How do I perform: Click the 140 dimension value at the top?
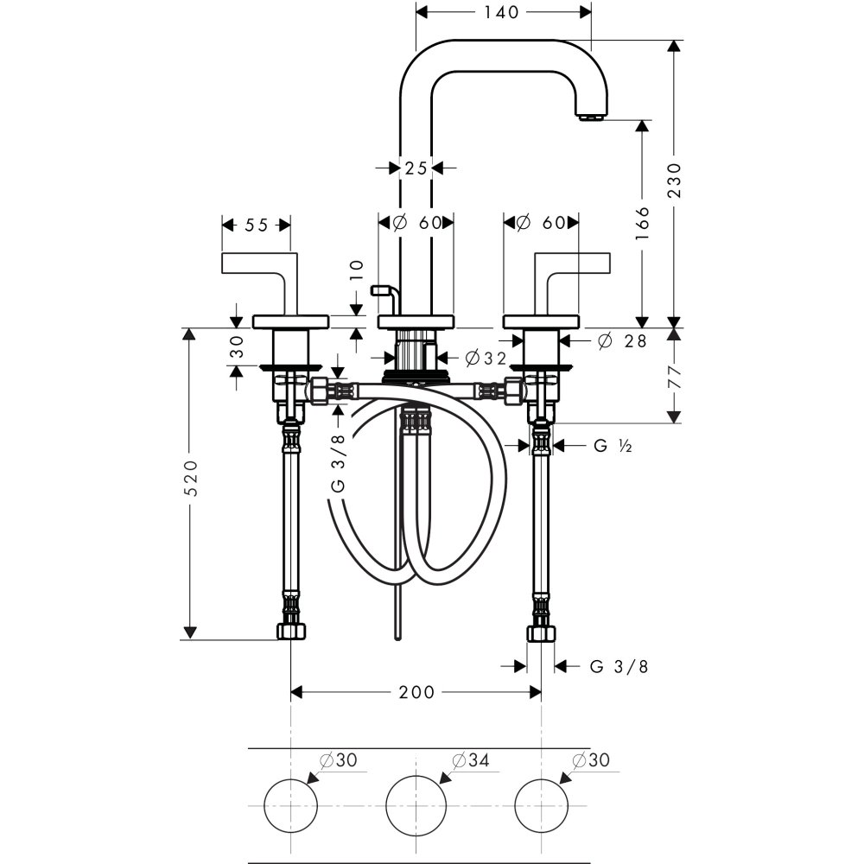click(x=501, y=12)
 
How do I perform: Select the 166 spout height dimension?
click(x=641, y=224)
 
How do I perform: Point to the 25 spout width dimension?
click(x=416, y=168)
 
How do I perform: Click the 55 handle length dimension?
click(x=256, y=225)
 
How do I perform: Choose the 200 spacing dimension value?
click(x=416, y=692)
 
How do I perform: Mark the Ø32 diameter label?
click(x=485, y=358)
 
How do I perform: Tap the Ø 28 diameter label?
click(x=622, y=341)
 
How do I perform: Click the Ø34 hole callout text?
click(x=471, y=759)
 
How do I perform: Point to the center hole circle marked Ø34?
click(x=416, y=804)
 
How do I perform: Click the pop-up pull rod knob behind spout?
click(x=378, y=291)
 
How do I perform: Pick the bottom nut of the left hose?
click(x=291, y=632)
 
